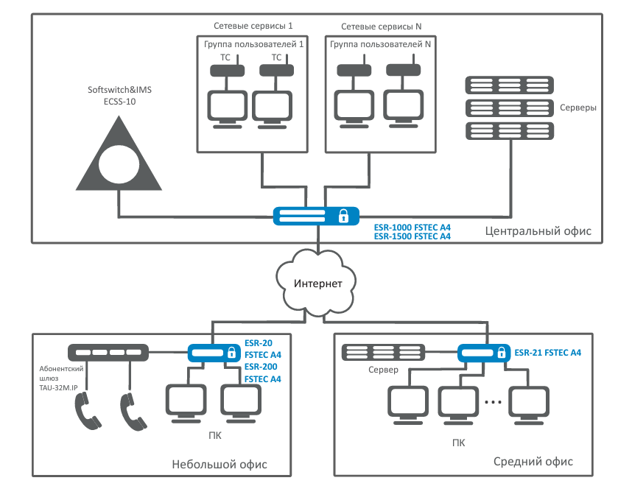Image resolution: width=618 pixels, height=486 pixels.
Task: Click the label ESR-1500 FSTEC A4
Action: coord(412,237)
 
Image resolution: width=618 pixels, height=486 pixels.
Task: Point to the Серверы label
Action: coord(578,108)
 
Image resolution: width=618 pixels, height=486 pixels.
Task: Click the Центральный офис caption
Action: coord(538,231)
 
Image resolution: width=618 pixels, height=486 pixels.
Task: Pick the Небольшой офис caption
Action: coord(219,465)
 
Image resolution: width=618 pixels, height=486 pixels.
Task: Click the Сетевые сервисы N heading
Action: coord(381,27)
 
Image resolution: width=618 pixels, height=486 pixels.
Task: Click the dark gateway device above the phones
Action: coord(107,353)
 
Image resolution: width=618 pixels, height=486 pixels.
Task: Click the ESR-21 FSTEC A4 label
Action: coord(548,353)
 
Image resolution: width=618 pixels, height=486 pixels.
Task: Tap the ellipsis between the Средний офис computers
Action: coord(494,402)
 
